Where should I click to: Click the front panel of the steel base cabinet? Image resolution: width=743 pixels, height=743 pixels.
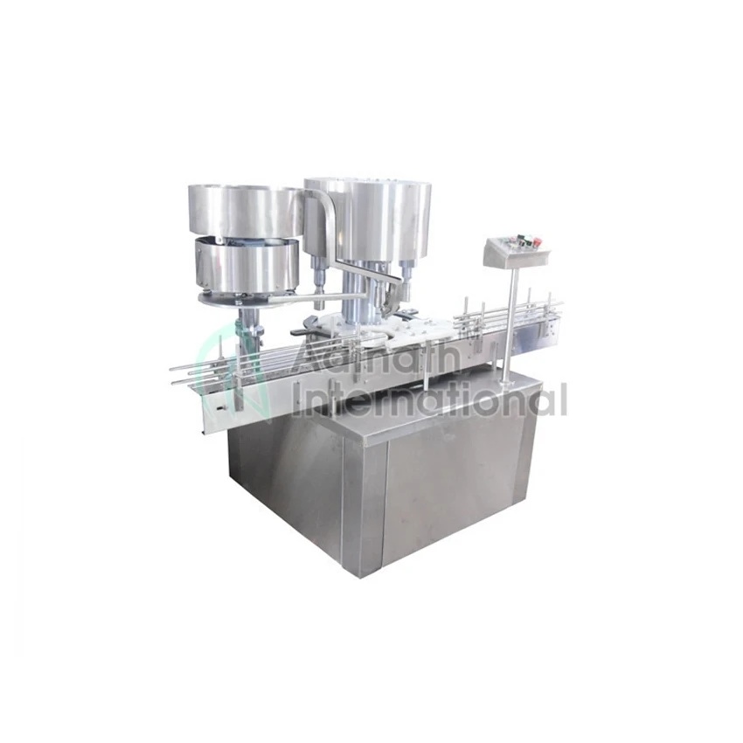455,490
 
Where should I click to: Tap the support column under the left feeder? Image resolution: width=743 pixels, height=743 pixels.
248,323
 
